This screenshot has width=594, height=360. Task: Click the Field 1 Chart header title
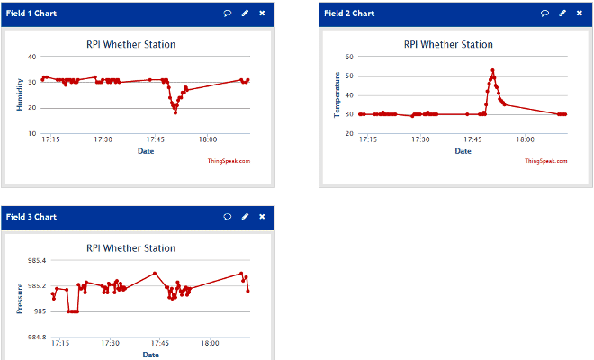pos(31,13)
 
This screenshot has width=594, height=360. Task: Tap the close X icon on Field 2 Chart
pos(580,13)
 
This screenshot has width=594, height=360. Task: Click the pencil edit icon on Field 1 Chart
pos(245,13)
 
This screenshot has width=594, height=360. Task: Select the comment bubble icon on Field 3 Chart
pos(228,217)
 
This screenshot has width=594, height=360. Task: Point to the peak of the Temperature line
pos(492,70)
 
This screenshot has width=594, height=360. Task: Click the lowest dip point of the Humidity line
pos(175,112)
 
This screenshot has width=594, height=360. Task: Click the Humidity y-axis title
pos(20,94)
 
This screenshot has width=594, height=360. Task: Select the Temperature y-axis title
pos(337,95)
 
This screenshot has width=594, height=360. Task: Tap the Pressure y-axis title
pos(20,298)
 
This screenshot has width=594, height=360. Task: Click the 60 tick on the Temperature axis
pos(348,56)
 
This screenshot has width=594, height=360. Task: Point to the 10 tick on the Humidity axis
pos(31,133)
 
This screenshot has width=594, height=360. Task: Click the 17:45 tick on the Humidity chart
pos(157,139)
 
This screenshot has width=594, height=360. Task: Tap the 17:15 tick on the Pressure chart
pos(60,343)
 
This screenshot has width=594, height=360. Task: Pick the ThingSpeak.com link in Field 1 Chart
pos(229,161)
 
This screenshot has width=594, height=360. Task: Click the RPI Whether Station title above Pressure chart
pos(131,247)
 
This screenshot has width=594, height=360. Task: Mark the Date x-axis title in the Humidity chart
pos(146,151)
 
